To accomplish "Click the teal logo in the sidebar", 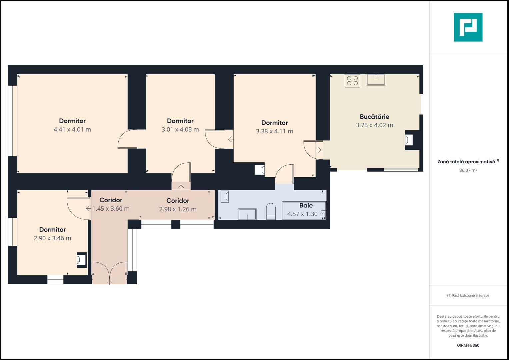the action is point(468,27).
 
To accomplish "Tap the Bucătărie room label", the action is point(374,117).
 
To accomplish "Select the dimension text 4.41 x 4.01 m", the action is point(72,130).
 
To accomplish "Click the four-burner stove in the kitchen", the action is point(352,81).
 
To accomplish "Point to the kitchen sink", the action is point(376,80).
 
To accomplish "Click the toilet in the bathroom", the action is point(271,211).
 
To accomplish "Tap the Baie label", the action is point(306,205).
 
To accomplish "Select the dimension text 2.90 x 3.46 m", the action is point(52,238).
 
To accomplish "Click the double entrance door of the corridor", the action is point(110,273).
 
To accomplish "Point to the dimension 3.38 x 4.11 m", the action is point(274,131).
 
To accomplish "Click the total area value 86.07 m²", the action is point(468,170).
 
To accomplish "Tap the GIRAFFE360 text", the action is point(468,345).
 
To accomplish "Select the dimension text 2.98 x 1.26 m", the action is point(178,209).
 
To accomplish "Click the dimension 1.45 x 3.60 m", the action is point(111,209).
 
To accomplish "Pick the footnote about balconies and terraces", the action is point(468,295).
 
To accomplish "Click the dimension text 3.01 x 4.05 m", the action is point(180,130).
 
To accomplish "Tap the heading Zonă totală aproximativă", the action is point(466,162).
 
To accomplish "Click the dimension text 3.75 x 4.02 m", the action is point(374,125).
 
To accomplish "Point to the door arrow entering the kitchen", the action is point(319,150).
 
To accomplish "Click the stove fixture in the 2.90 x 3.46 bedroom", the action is point(82,260).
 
